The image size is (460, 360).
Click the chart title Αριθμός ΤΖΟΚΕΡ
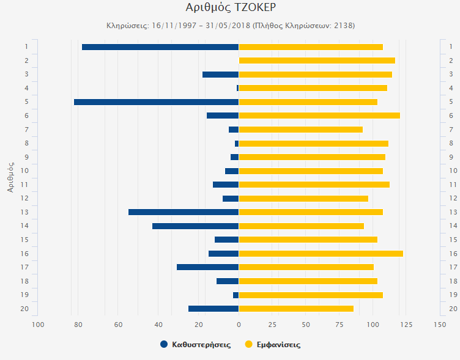(x=229, y=8)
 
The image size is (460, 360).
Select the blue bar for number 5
(x=156, y=102)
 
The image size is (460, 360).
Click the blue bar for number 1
(x=160, y=47)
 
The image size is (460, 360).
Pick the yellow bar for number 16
(x=321, y=254)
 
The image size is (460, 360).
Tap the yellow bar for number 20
(x=296, y=309)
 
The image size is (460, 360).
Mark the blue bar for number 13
(x=184, y=212)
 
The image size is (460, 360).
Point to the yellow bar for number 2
(x=317, y=61)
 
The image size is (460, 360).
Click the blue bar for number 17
(x=208, y=267)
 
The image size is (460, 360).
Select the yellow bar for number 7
(x=300, y=130)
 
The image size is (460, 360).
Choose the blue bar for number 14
(x=195, y=226)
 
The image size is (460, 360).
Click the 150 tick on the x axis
(x=439, y=325)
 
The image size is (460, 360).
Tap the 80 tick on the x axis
(x=78, y=325)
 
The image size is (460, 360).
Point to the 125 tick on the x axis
(x=406, y=325)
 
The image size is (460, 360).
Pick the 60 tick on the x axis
(x=118, y=325)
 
